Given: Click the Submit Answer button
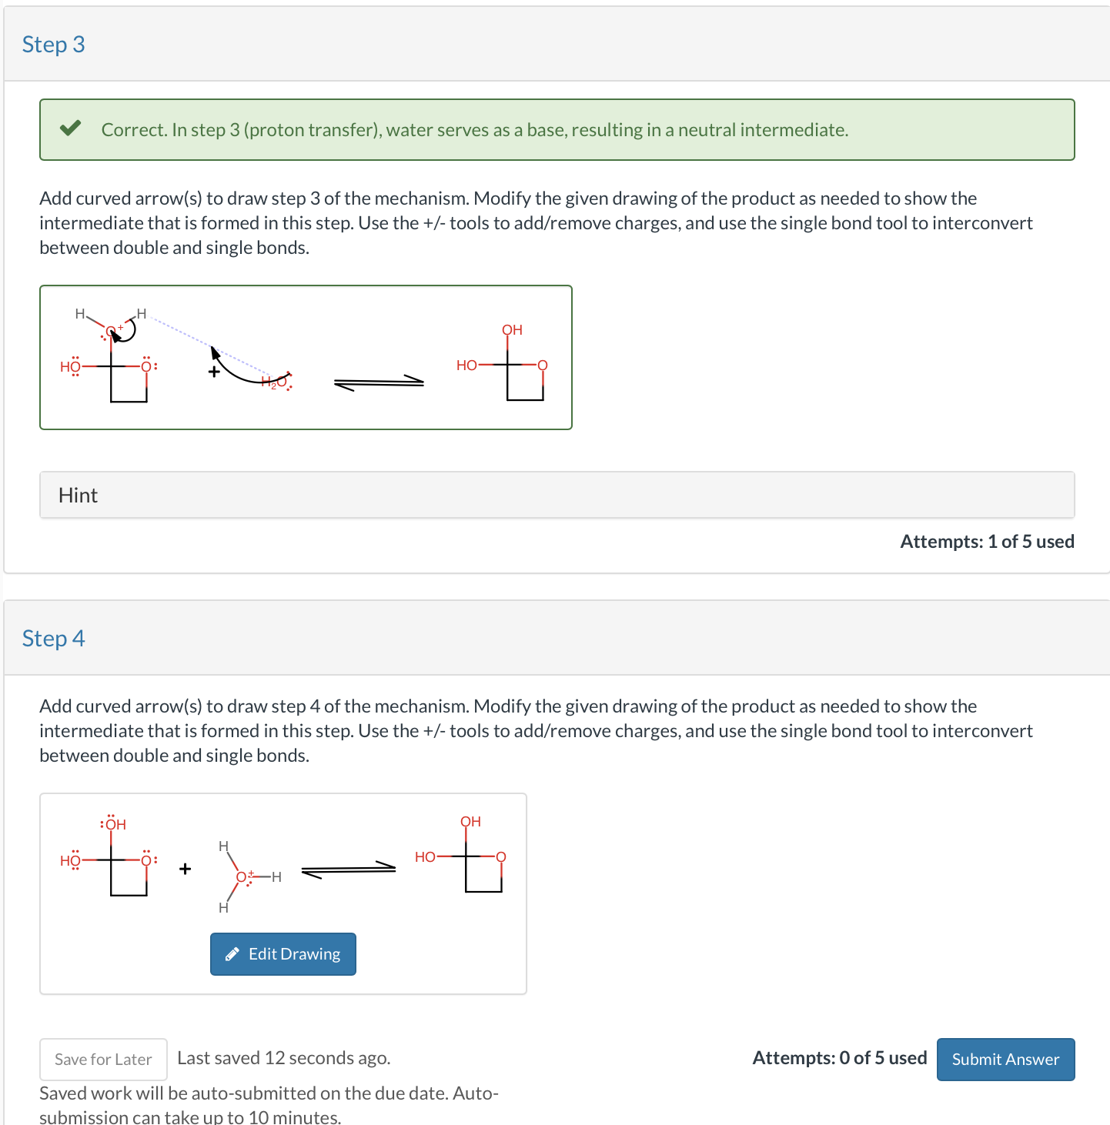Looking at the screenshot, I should [1005, 1060].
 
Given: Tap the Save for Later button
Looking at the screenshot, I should [103, 1060].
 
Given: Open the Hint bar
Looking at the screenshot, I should [557, 495].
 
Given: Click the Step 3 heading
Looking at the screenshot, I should [53, 45].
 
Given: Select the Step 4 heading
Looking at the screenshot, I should [53, 639].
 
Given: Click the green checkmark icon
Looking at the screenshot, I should [71, 129].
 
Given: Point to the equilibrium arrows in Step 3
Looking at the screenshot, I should [379, 382].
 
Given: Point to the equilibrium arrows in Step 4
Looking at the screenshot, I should [348, 870].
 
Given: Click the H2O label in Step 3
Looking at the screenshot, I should [274, 382].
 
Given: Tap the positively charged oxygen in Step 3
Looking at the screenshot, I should [111, 331].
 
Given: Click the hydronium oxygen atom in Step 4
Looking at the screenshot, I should [242, 876].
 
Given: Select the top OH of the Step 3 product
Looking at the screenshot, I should [512, 330].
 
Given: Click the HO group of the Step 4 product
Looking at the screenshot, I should [425, 857].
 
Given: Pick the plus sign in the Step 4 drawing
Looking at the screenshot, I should [185, 870].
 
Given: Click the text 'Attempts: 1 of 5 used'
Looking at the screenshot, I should [987, 542].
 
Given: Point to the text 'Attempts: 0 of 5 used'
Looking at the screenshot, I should [839, 1058].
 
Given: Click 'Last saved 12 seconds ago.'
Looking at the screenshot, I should [283, 1058].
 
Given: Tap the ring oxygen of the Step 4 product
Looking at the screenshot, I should [501, 857].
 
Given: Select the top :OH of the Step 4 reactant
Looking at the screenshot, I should [113, 824].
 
